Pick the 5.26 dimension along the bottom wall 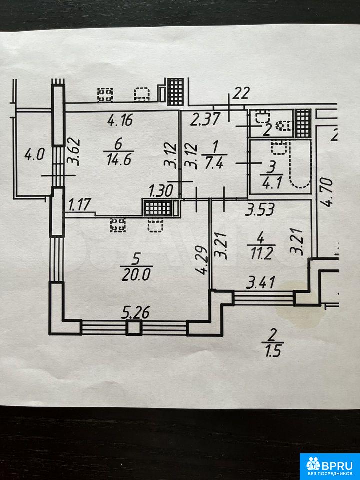point(134,313)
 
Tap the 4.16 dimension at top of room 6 point(121,120)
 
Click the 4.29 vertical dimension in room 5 point(201,260)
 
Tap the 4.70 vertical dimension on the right point(327,190)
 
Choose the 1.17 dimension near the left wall point(76,204)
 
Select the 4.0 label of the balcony point(34,155)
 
